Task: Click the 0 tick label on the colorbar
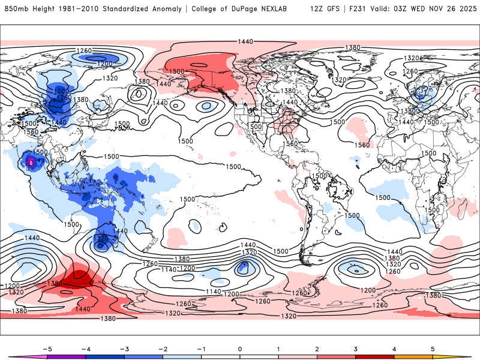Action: coord(240,347)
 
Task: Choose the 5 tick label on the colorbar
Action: coord(433,347)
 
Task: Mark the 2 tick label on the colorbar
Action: coord(317,347)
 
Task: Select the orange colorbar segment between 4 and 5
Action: coord(413,356)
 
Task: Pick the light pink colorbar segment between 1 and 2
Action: coord(298,356)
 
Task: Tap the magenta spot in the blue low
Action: coord(31,163)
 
